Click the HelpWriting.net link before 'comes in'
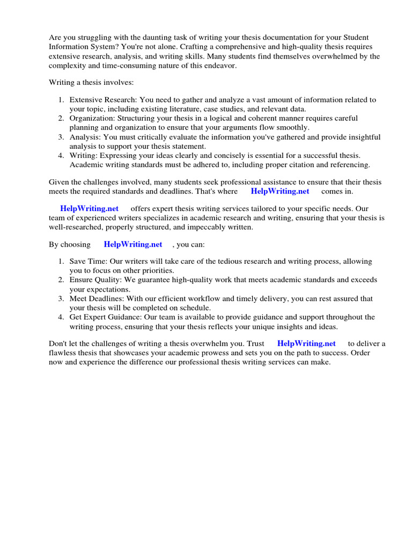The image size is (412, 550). click(280, 191)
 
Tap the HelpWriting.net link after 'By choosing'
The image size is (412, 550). click(133, 244)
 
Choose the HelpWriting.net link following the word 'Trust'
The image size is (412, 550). click(306, 343)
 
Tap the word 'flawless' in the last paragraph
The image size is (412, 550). click(64, 353)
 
